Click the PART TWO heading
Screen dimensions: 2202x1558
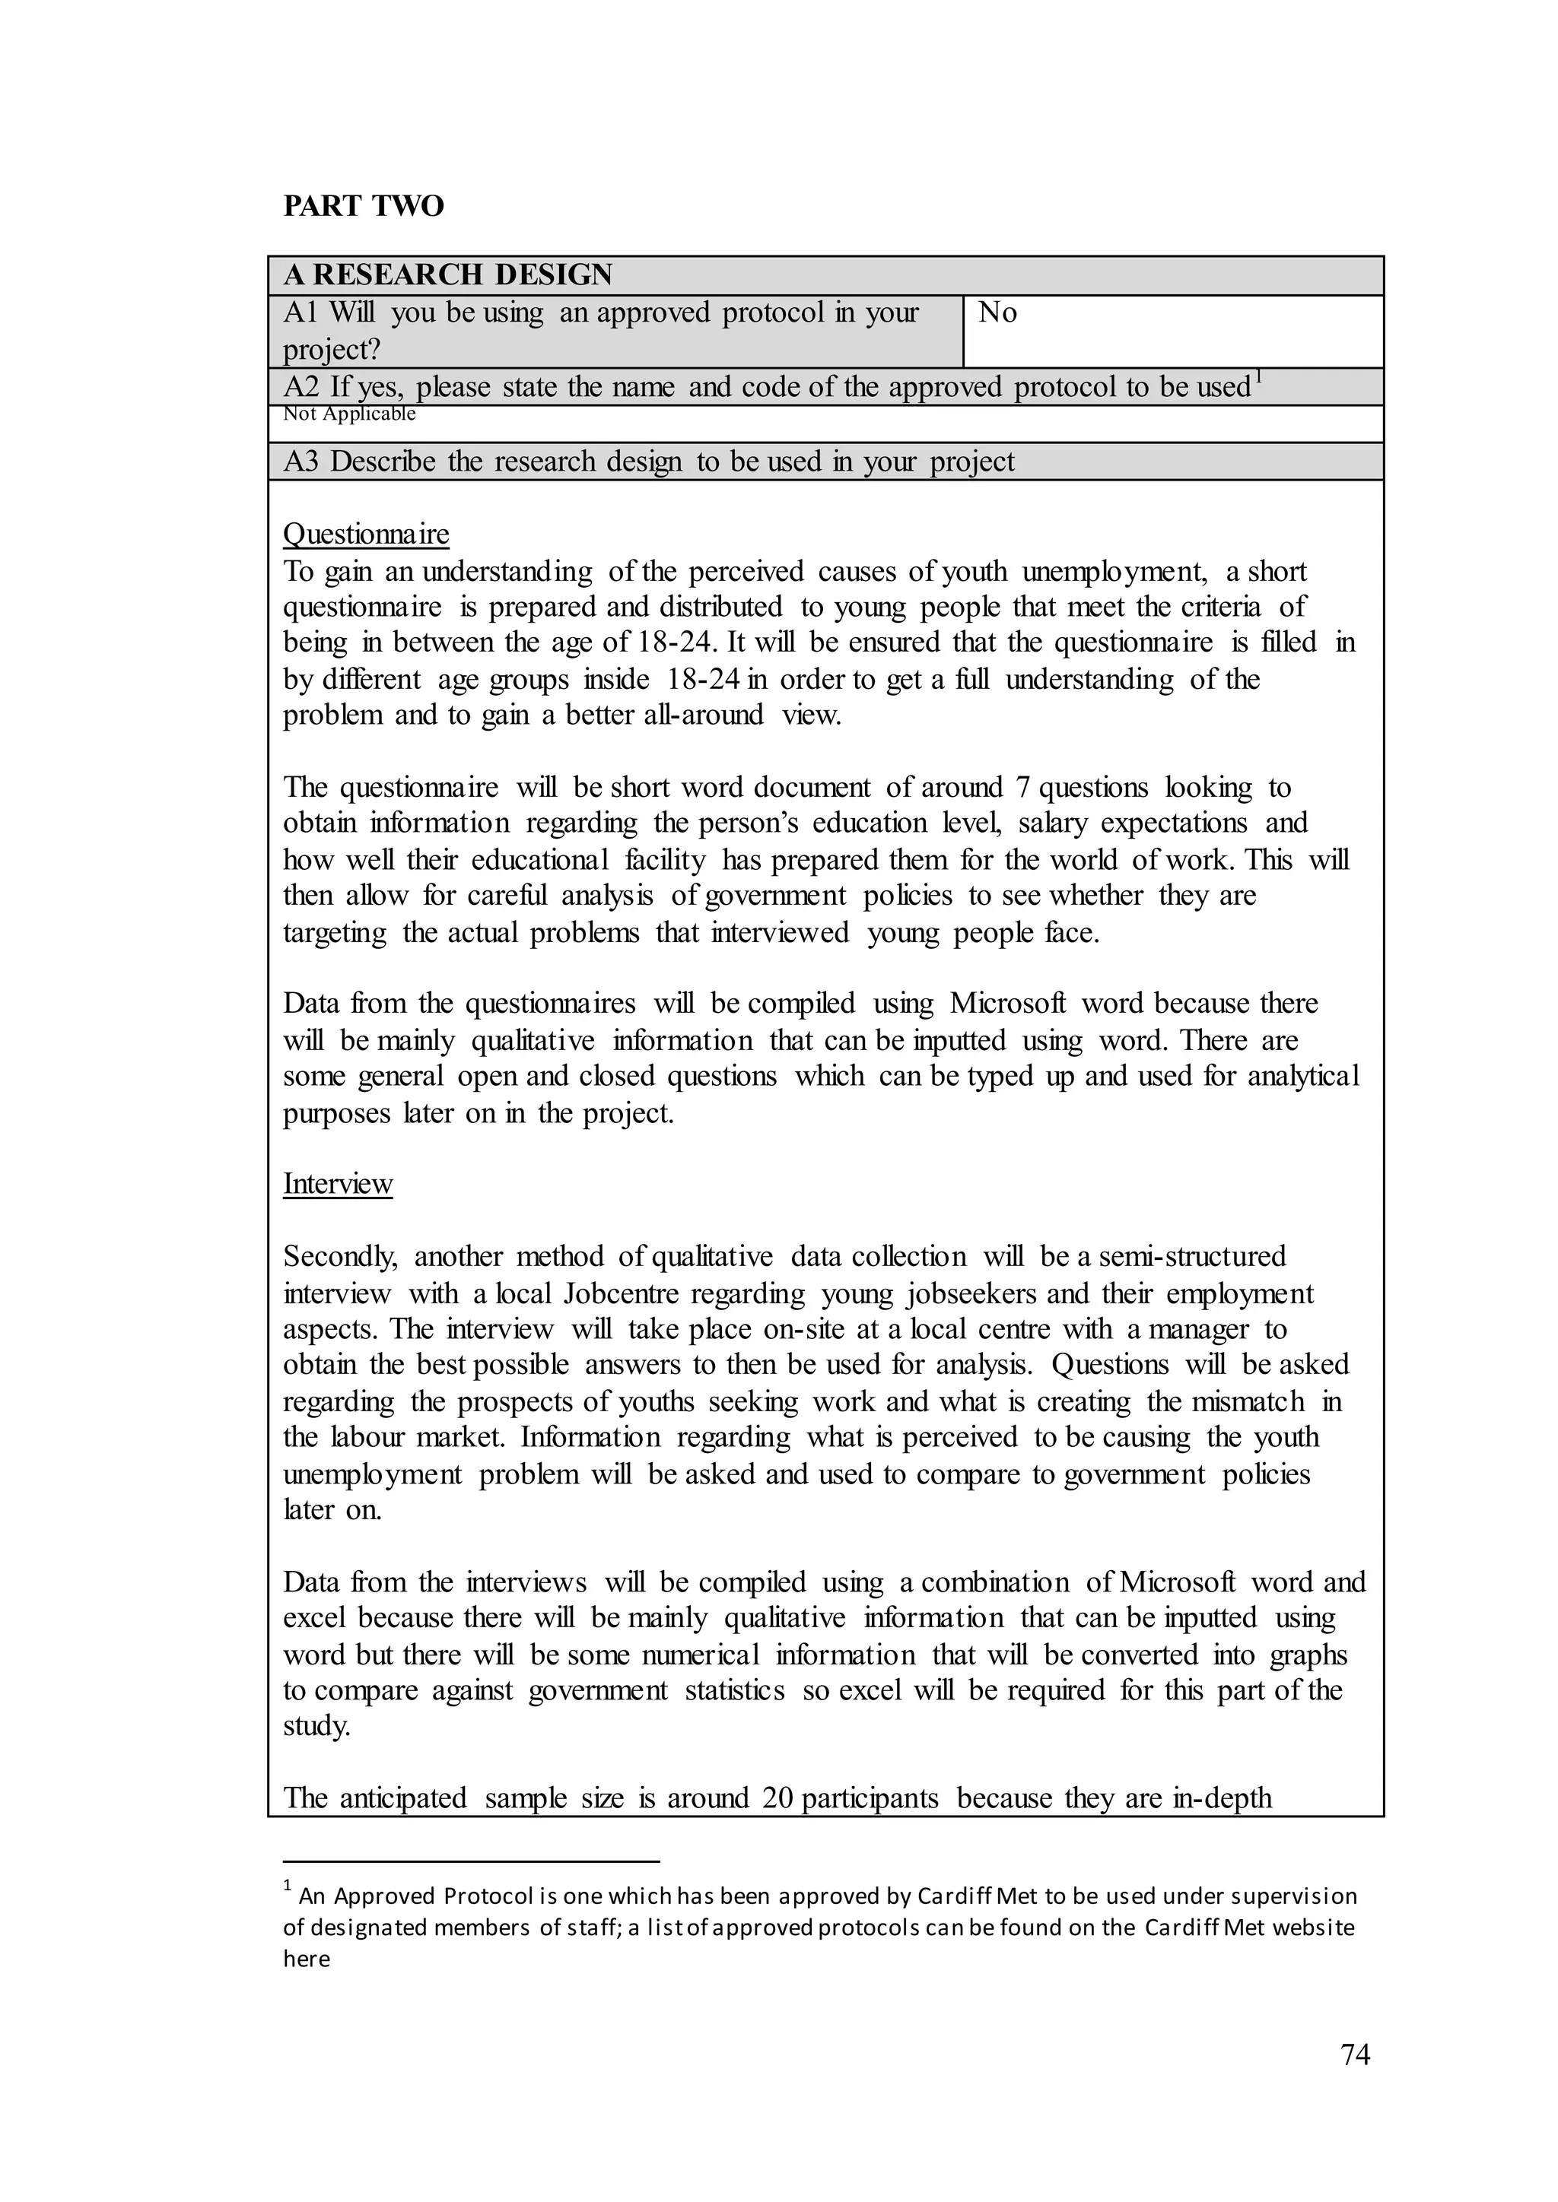pyautogui.click(x=364, y=206)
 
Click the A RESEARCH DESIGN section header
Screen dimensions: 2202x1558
pyautogui.click(x=447, y=275)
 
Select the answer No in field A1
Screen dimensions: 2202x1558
pyautogui.click(x=998, y=313)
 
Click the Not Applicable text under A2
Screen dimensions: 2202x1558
pyautogui.click(x=349, y=414)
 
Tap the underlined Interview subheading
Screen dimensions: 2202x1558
pyautogui.click(x=338, y=1183)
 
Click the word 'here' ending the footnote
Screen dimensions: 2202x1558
pyautogui.click(x=306, y=1960)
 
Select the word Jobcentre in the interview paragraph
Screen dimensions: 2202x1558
pyautogui.click(x=622, y=1294)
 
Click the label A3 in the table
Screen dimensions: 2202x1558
pyautogui.click(x=300, y=462)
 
